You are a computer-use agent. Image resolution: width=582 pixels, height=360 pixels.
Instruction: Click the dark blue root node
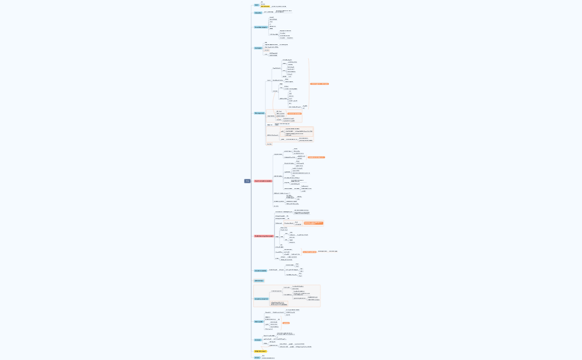[x=247, y=181]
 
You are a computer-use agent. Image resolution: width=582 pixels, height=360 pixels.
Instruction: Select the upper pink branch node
[x=263, y=181]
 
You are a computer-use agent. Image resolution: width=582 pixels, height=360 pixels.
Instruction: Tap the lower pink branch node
[x=263, y=236]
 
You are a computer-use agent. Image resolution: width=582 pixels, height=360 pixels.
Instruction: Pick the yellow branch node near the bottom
[x=260, y=351]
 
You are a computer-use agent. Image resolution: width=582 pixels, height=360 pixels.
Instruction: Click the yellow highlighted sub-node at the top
[x=265, y=7]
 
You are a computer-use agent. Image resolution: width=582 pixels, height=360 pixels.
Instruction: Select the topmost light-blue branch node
[x=257, y=5]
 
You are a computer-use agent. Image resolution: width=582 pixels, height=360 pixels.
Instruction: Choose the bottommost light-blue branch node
[x=257, y=358]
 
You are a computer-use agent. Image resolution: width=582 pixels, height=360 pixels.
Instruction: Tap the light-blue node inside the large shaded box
[x=261, y=299]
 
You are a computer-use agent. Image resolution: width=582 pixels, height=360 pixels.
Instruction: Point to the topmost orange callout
[x=319, y=84]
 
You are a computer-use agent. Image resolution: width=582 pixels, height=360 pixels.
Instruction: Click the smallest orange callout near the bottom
[x=286, y=323]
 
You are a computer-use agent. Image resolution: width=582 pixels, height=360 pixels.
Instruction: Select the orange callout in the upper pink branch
[x=316, y=157]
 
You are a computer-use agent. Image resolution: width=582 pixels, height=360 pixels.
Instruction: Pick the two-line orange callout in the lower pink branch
[x=313, y=223]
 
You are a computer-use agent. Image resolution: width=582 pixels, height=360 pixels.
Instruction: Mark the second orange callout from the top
[x=294, y=114]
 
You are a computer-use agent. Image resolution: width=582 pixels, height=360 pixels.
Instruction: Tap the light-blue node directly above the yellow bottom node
[x=258, y=340]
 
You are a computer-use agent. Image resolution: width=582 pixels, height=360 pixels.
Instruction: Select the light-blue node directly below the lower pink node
[x=260, y=271]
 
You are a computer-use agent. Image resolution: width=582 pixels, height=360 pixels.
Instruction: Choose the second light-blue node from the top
[x=258, y=13]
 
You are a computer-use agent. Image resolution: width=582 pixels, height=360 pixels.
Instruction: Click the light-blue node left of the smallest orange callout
[x=258, y=322]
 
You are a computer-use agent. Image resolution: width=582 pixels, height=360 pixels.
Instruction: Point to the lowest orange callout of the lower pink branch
[x=309, y=252]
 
